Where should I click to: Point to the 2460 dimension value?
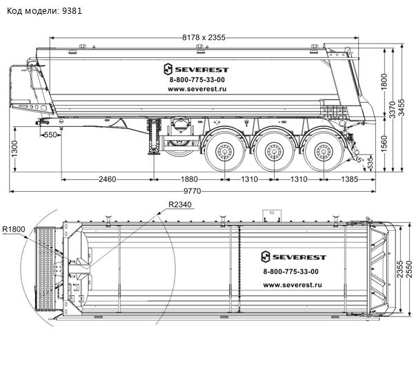[x=106, y=179]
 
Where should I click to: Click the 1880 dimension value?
[x=189, y=179]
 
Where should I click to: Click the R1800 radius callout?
[x=14, y=230]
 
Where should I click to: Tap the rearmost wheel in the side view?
[x=321, y=150]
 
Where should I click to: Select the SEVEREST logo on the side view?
[x=197, y=69]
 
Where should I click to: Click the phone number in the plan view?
[x=291, y=272]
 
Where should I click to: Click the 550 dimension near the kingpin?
[x=50, y=135]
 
